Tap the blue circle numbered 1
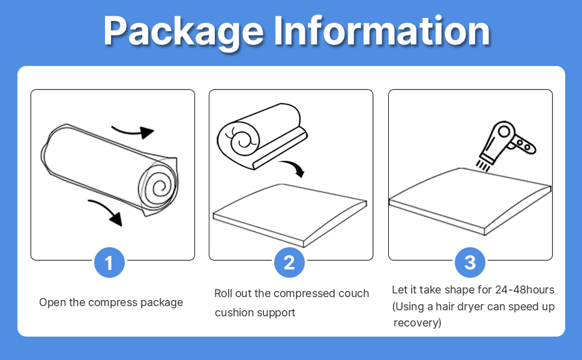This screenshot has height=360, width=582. [x=109, y=263]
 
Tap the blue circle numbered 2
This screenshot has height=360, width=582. [x=289, y=263]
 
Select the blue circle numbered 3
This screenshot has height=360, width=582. [x=470, y=263]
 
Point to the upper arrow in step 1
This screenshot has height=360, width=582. [x=133, y=130]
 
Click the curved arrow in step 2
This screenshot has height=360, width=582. [x=293, y=168]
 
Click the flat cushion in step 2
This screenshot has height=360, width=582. [x=290, y=213]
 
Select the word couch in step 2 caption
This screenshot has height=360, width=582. [x=354, y=293]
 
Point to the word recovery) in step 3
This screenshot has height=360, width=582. [x=418, y=323]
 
